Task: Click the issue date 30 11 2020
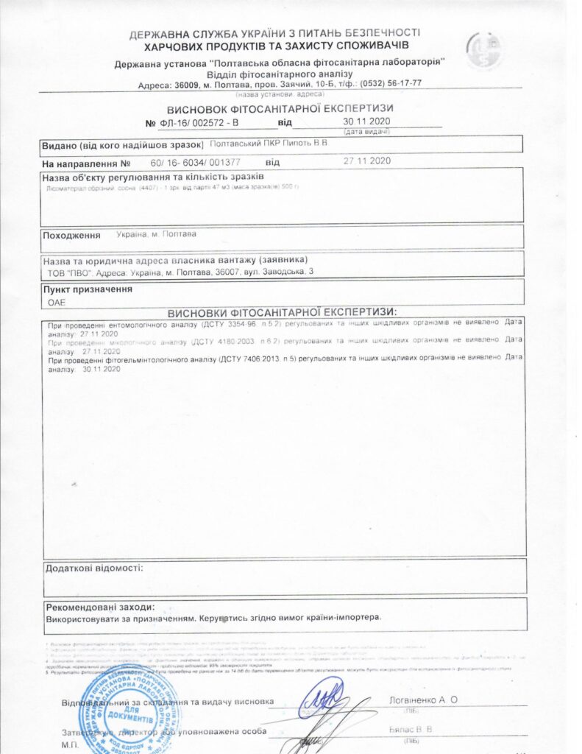(x=366, y=121)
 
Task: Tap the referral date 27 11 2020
(x=366, y=161)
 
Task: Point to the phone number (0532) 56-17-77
(x=391, y=83)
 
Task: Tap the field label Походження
(x=71, y=235)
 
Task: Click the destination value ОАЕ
(x=57, y=302)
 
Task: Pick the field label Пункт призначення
(x=87, y=289)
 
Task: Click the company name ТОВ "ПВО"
(x=68, y=272)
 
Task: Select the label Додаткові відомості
(x=94, y=568)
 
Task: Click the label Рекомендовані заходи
(x=100, y=607)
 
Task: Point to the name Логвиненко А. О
(x=422, y=700)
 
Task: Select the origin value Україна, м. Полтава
(x=156, y=234)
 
